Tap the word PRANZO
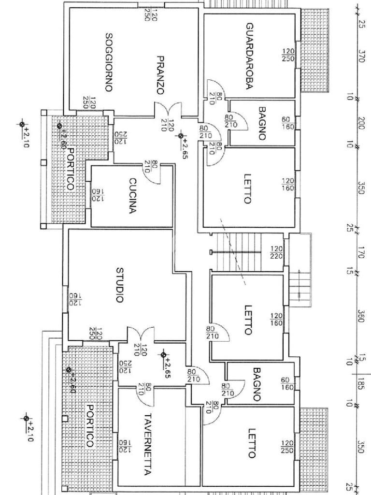(x=161, y=75)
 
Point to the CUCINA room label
(x=133, y=196)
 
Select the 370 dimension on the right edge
(x=361, y=56)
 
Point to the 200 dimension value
(x=361, y=121)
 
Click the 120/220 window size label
(x=276, y=252)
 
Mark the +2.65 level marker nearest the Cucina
(x=181, y=136)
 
